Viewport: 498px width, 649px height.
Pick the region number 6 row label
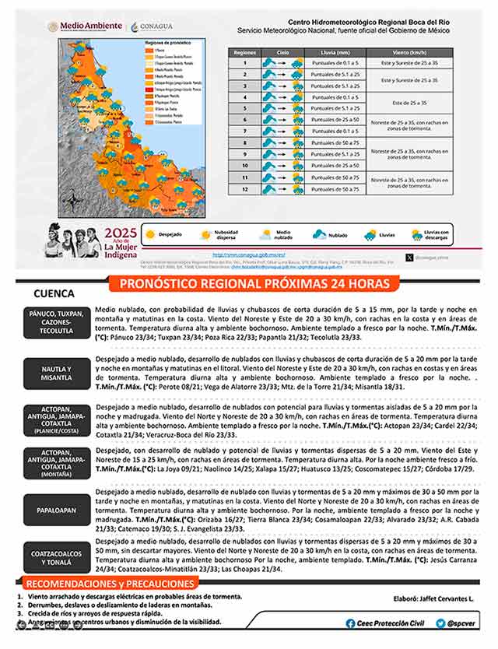[244, 120]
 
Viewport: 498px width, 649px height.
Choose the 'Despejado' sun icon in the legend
[151, 233]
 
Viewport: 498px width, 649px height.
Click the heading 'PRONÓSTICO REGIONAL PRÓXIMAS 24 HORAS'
[254, 284]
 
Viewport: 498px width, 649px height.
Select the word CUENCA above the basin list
[54, 295]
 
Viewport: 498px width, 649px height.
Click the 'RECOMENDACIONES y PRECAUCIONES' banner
[96, 584]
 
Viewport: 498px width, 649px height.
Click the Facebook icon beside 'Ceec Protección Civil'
[350, 623]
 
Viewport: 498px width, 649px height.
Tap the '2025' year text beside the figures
[121, 233]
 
